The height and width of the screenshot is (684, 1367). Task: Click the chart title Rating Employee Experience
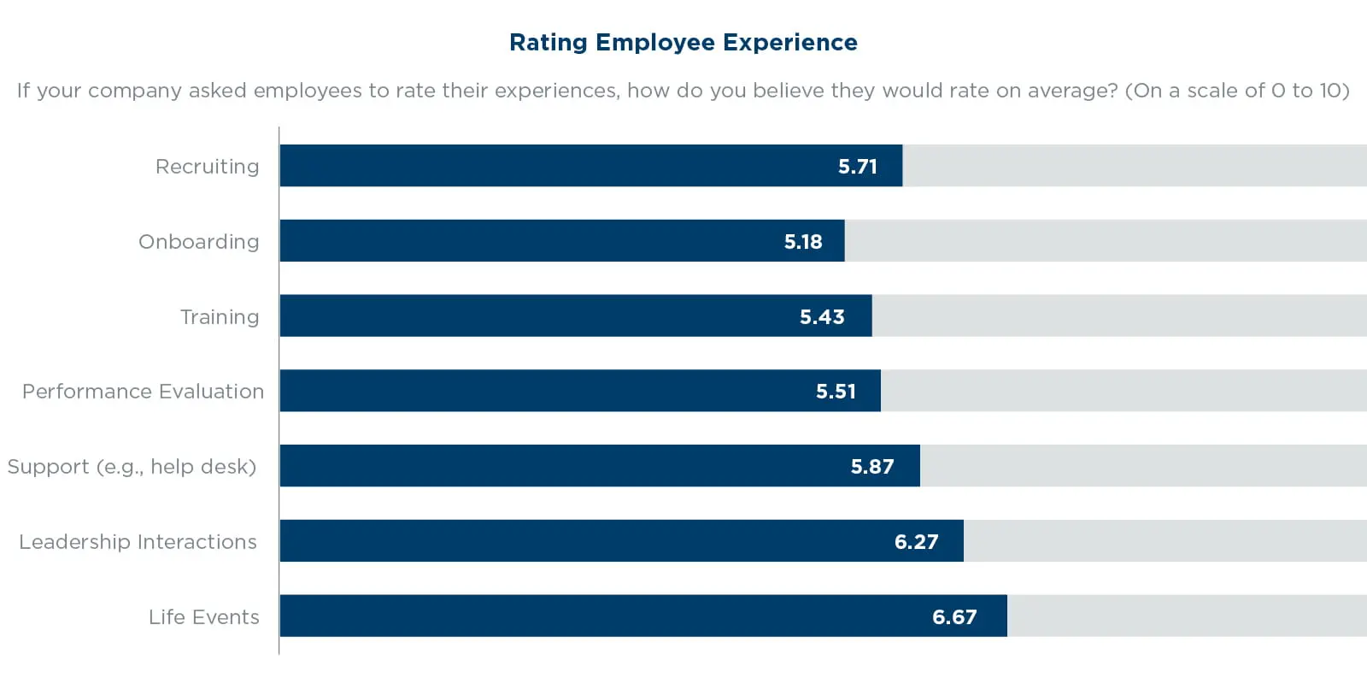pyautogui.click(x=683, y=43)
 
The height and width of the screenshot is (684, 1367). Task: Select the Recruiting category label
pyautogui.click(x=207, y=167)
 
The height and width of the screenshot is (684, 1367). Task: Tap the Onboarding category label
pyautogui.click(x=198, y=242)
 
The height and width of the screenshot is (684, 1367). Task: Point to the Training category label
pyautogui.click(x=220, y=317)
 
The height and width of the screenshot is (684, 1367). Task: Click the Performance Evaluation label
pyautogui.click(x=143, y=392)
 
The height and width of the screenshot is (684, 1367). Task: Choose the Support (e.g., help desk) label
pyautogui.click(x=132, y=467)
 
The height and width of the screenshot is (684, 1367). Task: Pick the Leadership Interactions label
pyautogui.click(x=138, y=542)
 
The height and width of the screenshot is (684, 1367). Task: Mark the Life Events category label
pyautogui.click(x=203, y=617)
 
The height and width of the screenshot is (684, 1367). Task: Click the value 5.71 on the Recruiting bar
pyautogui.click(x=857, y=167)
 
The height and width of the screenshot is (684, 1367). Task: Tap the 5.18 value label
pyautogui.click(x=803, y=242)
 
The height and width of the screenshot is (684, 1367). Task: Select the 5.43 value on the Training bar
pyautogui.click(x=822, y=317)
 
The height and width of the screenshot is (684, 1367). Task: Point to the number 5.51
pyautogui.click(x=836, y=392)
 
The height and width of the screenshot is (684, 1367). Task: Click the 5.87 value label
pyautogui.click(x=872, y=467)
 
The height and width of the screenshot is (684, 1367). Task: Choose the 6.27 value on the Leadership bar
pyautogui.click(x=916, y=542)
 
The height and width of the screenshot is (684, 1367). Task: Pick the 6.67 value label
pyautogui.click(x=954, y=617)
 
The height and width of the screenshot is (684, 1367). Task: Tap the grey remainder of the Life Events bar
pyautogui.click(x=1187, y=616)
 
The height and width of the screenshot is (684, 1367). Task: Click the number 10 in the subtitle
pyautogui.click(x=1330, y=91)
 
